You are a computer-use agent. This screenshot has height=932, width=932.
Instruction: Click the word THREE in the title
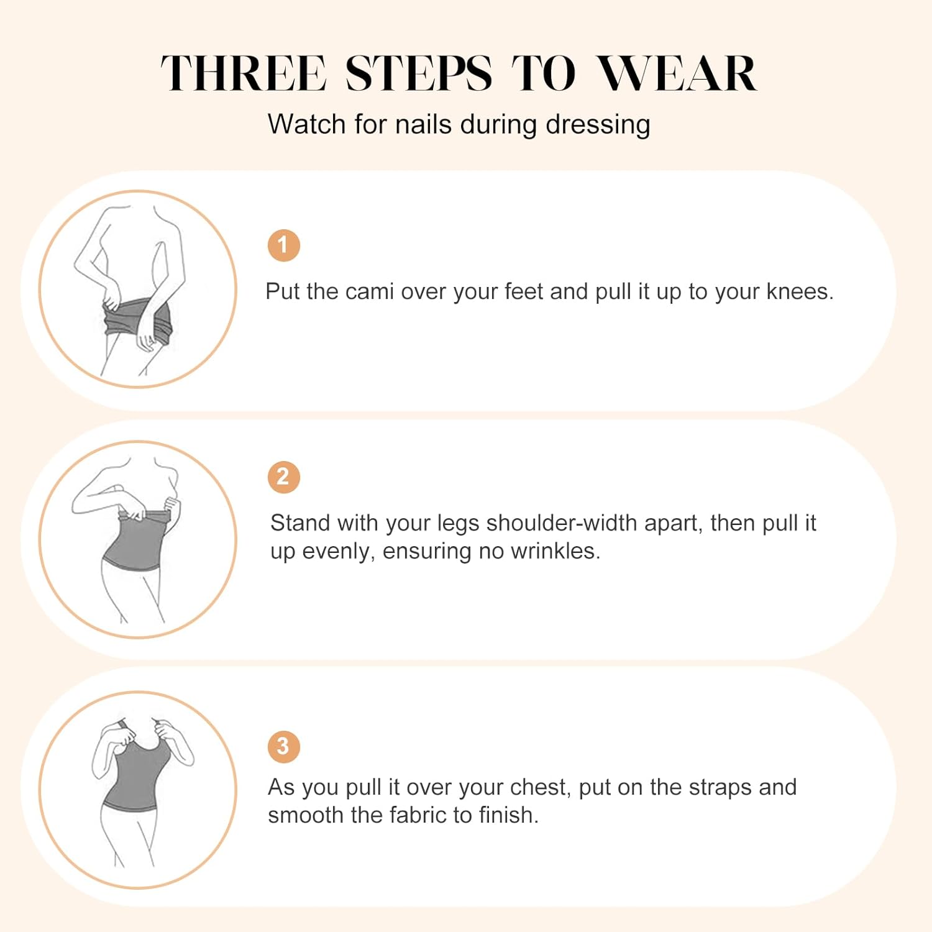tap(243, 73)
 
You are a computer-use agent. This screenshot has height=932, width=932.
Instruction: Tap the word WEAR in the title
tap(677, 73)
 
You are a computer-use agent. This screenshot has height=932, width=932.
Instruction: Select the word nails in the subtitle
tap(423, 124)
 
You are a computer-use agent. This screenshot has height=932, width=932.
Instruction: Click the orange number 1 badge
tap(284, 245)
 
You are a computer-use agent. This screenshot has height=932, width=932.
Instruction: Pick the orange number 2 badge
tap(284, 477)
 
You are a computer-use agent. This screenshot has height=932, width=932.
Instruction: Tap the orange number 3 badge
tap(284, 746)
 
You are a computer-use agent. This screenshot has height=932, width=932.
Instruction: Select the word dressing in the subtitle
tap(598, 124)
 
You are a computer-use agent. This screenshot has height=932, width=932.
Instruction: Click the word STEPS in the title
tap(418, 73)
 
